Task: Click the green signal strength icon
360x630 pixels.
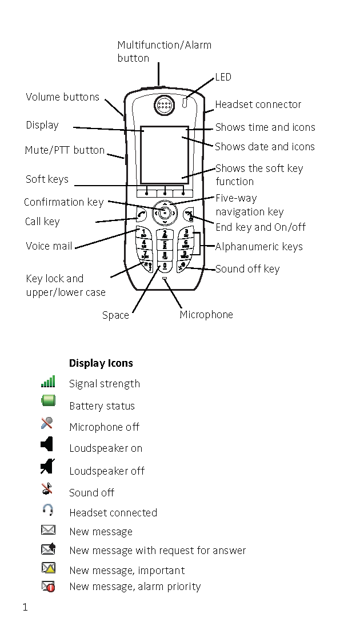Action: tap(48, 382)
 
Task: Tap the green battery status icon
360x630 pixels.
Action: tap(48, 400)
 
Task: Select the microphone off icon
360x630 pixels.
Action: tap(47, 423)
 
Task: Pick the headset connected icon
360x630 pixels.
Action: tap(47, 509)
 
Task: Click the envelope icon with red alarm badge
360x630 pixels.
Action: tap(48, 585)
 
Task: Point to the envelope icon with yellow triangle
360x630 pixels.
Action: tap(48, 568)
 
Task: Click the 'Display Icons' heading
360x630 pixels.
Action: tap(101, 363)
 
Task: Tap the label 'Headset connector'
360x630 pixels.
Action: tap(258, 105)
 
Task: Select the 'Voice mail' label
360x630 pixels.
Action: tap(49, 246)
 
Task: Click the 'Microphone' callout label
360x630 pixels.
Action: tap(206, 315)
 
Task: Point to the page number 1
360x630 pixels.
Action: tap(25, 607)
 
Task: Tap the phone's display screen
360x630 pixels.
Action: tap(165, 154)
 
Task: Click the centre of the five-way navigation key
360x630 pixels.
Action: tap(165, 213)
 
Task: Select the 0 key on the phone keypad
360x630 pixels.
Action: tap(165, 266)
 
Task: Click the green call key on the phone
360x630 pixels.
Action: tap(142, 215)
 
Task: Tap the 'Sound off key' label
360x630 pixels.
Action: tap(247, 269)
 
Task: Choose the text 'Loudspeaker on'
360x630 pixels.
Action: tap(106, 448)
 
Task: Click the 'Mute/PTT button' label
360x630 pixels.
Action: tap(65, 151)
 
